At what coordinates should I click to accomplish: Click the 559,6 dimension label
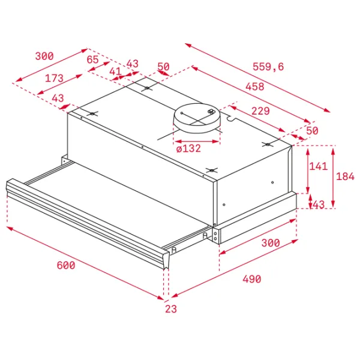point(268,67)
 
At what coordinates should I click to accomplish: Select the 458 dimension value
point(255,86)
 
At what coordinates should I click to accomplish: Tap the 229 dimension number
point(260,111)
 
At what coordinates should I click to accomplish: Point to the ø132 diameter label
point(188,148)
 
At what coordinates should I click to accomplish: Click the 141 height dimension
point(319,166)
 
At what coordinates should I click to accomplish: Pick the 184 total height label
point(346,176)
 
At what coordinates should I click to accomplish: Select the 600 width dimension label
point(66,265)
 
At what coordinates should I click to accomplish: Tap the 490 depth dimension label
point(252,279)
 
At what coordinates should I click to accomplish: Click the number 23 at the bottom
point(171,309)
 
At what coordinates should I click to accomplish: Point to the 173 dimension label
point(54,78)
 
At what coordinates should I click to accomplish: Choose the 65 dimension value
point(93,59)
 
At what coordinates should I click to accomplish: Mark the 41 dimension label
point(115,71)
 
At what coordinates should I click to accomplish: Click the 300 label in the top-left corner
point(44,56)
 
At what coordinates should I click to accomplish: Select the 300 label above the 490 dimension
point(271,242)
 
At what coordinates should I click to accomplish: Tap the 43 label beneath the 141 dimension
point(319,205)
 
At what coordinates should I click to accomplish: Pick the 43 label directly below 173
point(58,98)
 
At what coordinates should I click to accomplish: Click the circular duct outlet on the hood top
point(197,118)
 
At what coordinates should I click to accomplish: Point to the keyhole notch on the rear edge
point(230,118)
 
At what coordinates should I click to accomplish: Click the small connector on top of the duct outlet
point(211,112)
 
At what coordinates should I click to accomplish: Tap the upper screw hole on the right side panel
point(272,182)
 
